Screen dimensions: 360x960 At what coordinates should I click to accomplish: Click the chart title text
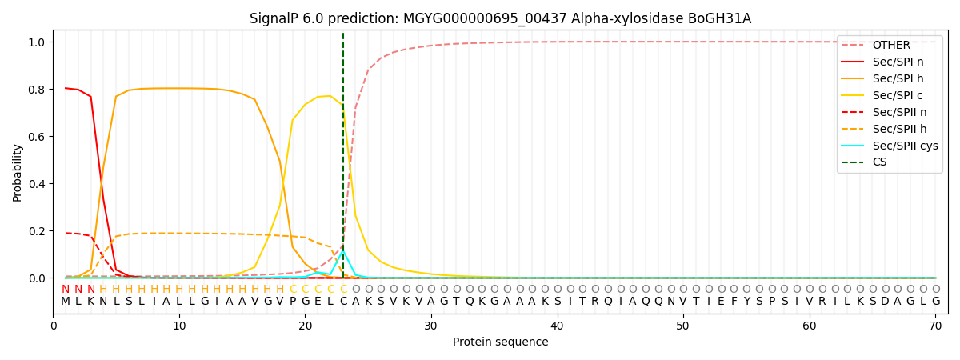click(x=500, y=18)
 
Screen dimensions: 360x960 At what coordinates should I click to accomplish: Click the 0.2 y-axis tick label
click(x=37, y=231)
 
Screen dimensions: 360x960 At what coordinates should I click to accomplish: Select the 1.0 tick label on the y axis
click(x=37, y=42)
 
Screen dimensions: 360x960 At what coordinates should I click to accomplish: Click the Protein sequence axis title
click(x=500, y=342)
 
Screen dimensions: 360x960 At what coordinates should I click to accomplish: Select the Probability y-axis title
click(x=18, y=172)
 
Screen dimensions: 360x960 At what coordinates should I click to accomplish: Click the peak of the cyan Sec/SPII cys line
click(x=343, y=251)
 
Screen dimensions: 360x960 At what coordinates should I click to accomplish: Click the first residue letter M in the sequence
click(x=66, y=302)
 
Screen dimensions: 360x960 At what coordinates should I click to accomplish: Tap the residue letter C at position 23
click(x=343, y=302)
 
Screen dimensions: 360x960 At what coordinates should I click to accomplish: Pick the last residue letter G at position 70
click(x=935, y=302)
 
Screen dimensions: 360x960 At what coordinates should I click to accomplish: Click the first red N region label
click(x=66, y=290)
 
